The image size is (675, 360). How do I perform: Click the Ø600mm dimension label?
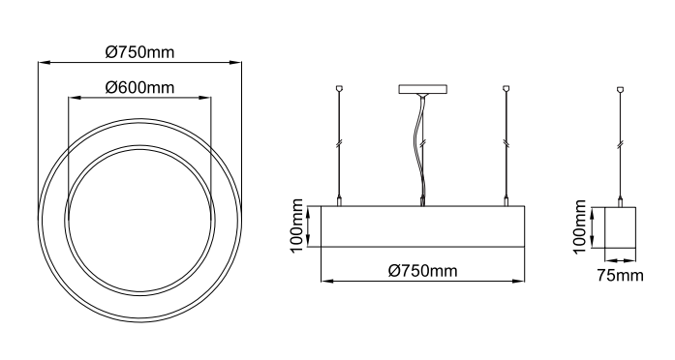(139, 88)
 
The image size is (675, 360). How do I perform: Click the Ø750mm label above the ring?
(139, 52)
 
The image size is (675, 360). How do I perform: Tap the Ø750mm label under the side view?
(423, 271)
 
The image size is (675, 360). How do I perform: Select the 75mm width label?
(620, 275)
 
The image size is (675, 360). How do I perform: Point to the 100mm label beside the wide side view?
(297, 226)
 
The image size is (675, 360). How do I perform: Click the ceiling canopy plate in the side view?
(423, 89)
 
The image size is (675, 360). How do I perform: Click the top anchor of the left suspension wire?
(339, 89)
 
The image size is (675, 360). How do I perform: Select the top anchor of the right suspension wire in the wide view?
(506, 89)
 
